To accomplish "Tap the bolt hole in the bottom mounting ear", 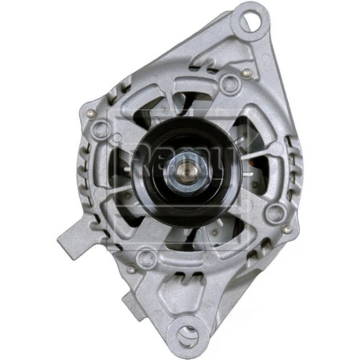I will (189, 333).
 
